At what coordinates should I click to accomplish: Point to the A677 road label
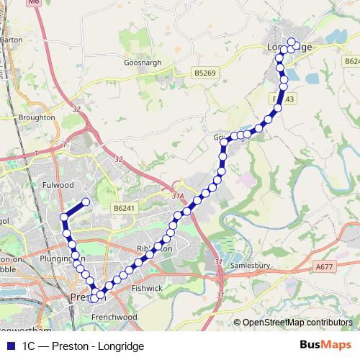tap(325, 267)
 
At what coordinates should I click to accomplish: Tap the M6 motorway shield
tap(34, 3)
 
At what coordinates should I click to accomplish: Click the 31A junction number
tap(179, 195)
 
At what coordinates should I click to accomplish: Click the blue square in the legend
tap(11, 346)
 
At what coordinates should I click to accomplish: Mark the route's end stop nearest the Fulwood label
tap(86, 202)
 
